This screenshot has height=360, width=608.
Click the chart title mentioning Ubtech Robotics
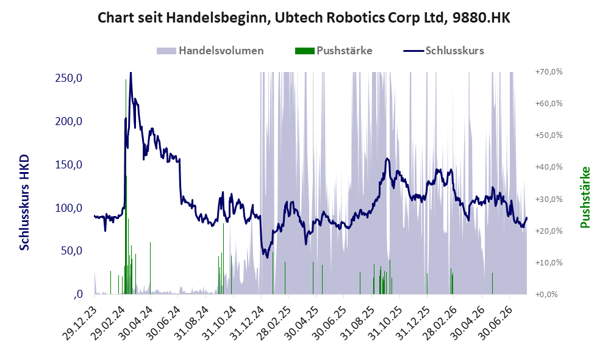point(304,18)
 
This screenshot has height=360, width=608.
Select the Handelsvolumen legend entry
point(210,51)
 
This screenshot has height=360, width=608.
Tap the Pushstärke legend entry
point(334,51)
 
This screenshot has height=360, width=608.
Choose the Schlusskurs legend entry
point(443,51)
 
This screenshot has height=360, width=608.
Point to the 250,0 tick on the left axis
point(69,78)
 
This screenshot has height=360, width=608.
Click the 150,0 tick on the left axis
point(69,165)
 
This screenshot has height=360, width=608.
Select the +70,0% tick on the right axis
point(549,72)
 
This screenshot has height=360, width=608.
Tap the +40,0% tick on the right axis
point(549,167)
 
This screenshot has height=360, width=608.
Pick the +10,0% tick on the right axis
point(549,262)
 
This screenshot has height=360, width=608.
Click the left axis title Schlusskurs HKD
point(24,203)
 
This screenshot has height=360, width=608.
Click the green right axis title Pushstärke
point(585,198)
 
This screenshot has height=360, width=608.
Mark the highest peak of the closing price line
point(131,73)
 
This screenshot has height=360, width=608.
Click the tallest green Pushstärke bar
point(126,187)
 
